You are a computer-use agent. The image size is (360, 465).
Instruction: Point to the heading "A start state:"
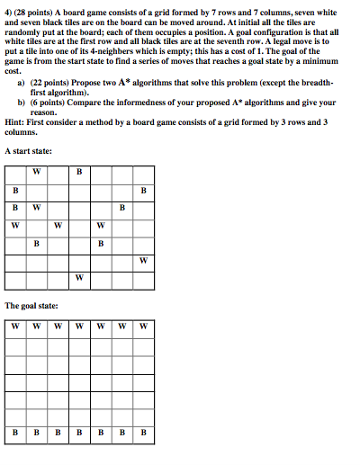coord(28,151)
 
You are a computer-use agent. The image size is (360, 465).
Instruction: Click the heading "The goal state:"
coord(31,306)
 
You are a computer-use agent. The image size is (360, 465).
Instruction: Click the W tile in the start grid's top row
coord(37,172)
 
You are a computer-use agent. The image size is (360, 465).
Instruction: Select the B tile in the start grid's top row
coord(79,172)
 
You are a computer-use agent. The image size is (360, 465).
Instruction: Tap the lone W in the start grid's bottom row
coord(79,277)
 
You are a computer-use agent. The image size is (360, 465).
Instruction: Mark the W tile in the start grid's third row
coord(37,208)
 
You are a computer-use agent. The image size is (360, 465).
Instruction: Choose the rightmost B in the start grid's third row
coord(121,208)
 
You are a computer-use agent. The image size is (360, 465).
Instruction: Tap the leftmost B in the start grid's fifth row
coord(37,243)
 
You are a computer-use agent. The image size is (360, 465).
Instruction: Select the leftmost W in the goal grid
coord(16,326)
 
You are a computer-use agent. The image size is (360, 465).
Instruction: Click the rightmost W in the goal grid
coord(142,326)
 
